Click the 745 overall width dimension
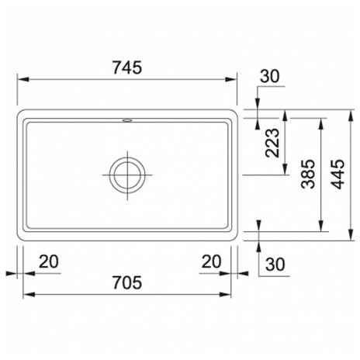click(127, 67)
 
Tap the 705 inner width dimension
click(127, 282)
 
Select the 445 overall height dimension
click(337, 174)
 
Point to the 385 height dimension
click(308, 174)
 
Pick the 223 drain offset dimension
click(272, 143)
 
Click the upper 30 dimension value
click(270, 77)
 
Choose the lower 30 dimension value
click(275, 265)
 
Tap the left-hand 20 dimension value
click(49, 261)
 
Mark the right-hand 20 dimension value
click(212, 261)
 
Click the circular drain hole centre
click(127, 175)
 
